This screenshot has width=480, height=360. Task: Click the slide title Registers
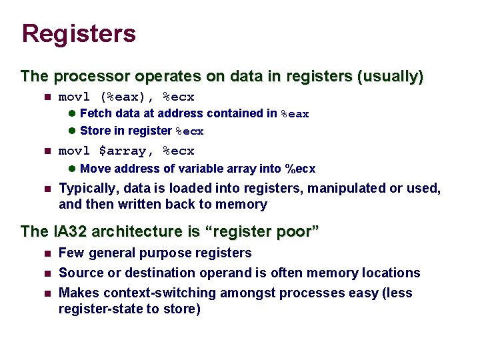(x=79, y=34)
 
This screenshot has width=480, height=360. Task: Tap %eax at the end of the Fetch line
(x=295, y=114)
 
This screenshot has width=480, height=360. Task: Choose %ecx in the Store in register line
(x=189, y=131)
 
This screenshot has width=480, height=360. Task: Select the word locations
(x=392, y=273)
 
